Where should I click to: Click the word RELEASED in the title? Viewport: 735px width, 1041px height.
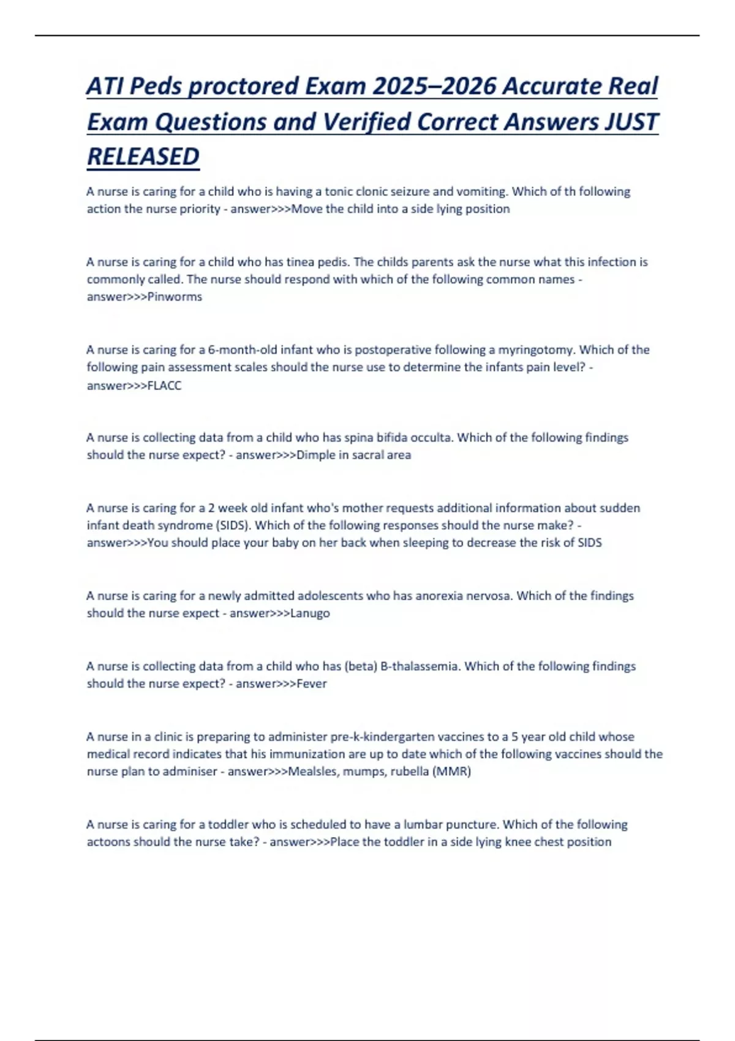[143, 157]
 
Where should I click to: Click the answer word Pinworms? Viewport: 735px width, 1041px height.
[175, 297]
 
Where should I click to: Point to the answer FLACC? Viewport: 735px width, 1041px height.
[165, 386]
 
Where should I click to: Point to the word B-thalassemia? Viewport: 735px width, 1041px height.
[420, 666]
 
